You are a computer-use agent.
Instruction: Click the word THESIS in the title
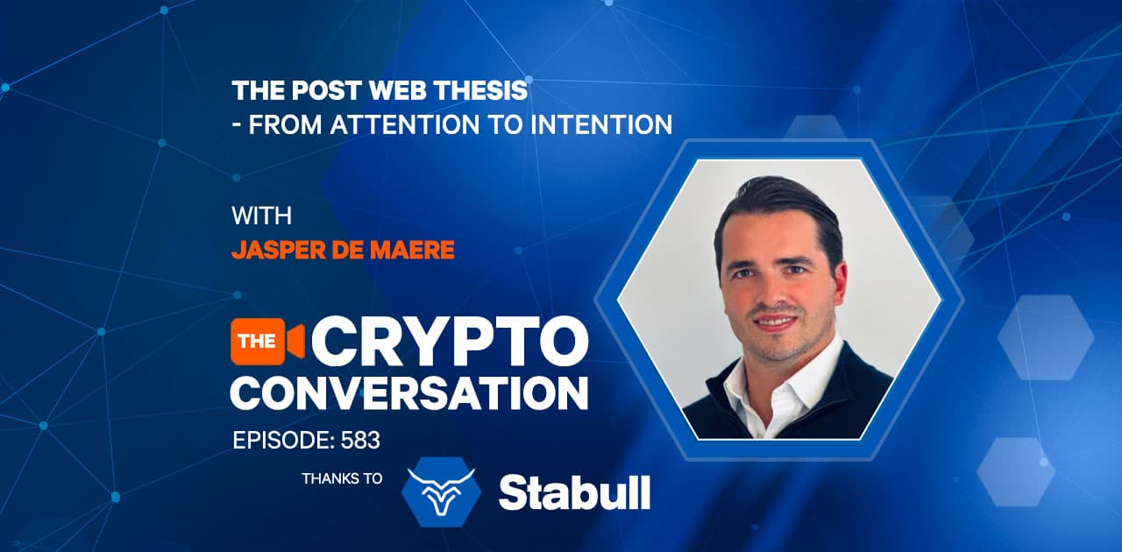pyautogui.click(x=480, y=90)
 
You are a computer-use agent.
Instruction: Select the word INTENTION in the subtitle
pyautogui.click(x=601, y=124)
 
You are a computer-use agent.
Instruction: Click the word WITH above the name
pyautogui.click(x=261, y=216)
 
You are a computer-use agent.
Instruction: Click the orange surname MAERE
pyautogui.click(x=412, y=250)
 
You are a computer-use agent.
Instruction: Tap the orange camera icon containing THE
pyautogui.click(x=267, y=342)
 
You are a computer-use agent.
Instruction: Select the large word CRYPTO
pyautogui.click(x=450, y=342)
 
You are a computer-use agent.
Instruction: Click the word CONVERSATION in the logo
pyautogui.click(x=409, y=393)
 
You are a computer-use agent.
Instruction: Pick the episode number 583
pyautogui.click(x=360, y=441)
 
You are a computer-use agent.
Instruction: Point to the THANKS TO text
pyautogui.click(x=342, y=478)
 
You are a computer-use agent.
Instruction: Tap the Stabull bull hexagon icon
pyautogui.click(x=441, y=492)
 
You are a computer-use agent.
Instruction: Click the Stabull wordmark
pyautogui.click(x=574, y=493)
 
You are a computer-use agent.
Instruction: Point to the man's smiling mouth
pyautogui.click(x=773, y=322)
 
